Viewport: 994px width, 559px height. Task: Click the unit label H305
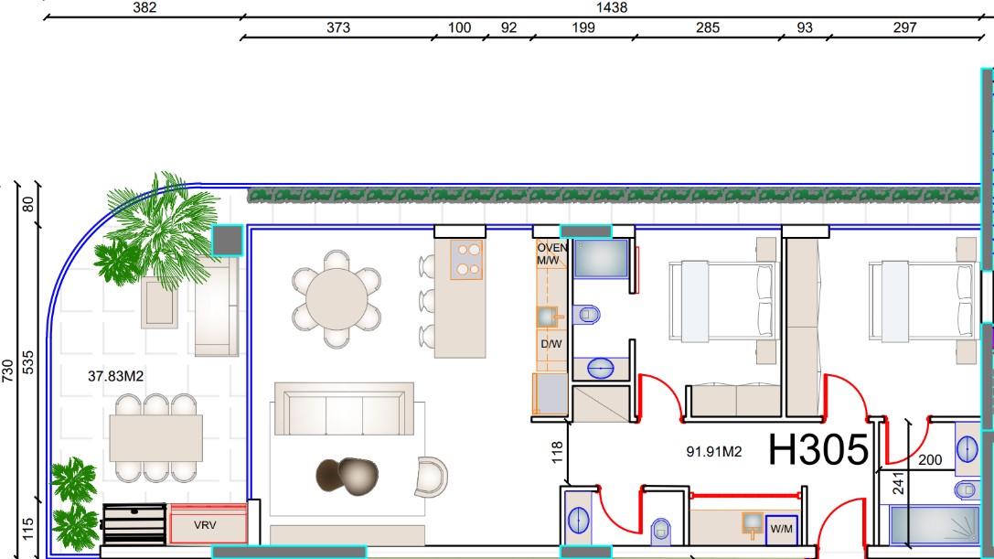point(818,449)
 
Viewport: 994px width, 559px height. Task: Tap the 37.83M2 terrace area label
point(115,376)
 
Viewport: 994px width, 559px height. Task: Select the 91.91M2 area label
point(714,452)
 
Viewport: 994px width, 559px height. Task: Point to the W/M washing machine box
point(781,529)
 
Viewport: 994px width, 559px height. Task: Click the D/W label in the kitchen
point(550,344)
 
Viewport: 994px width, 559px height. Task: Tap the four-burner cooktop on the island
point(466,260)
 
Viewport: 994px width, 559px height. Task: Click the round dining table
point(337,299)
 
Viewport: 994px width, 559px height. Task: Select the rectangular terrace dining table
point(156,438)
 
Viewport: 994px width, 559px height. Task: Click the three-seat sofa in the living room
point(344,409)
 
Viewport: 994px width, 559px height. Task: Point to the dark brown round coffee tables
point(347,475)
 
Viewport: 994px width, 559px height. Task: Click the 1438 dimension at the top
point(612,7)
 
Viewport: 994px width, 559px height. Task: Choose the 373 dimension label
point(337,28)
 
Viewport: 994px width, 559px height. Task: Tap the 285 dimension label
point(708,28)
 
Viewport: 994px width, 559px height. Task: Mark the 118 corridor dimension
point(557,452)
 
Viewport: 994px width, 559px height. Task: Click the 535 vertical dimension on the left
point(28,362)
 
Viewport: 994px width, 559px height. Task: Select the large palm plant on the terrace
point(162,231)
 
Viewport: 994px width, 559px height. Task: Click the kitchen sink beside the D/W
point(547,316)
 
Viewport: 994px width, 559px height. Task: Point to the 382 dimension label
point(144,7)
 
